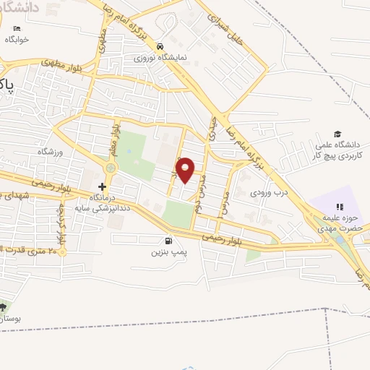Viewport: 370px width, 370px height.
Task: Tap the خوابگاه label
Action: point(17,40)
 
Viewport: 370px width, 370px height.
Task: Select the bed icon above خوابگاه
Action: point(17,29)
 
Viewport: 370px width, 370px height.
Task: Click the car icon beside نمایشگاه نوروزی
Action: point(169,45)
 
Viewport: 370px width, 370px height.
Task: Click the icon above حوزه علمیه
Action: point(340,207)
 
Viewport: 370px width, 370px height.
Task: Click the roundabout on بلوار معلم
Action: point(110,168)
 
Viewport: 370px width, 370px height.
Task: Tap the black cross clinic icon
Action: point(102,186)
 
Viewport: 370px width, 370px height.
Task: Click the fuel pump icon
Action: point(168,241)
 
